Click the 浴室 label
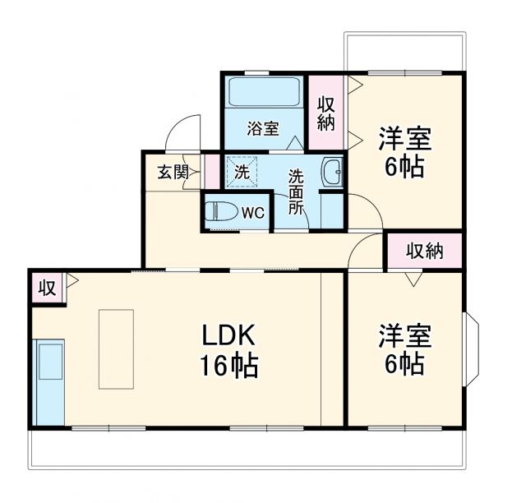(263, 128)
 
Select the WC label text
(253, 212)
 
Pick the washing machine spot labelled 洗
(242, 172)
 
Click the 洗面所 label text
(295, 191)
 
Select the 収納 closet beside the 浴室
(326, 113)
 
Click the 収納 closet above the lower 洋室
(424, 251)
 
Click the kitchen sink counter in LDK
(49, 381)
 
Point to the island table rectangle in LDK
(116, 348)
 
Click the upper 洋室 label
(404, 152)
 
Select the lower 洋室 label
(404, 349)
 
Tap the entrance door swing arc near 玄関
(182, 132)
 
